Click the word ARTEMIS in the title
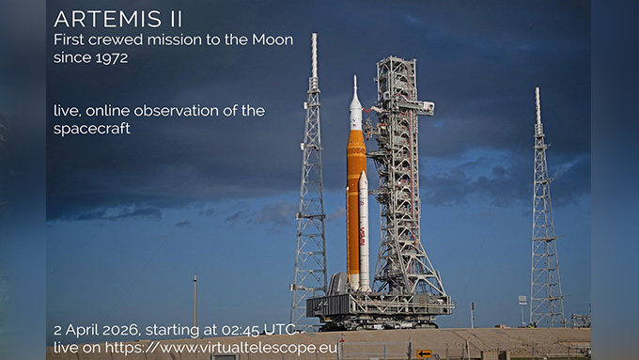(x=107, y=19)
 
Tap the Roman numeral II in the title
(x=175, y=19)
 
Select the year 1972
(x=112, y=57)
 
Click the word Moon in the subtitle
(x=273, y=40)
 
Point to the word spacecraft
(x=92, y=129)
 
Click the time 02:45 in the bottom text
(x=241, y=329)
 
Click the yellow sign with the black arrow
(x=424, y=353)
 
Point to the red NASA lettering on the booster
(x=363, y=237)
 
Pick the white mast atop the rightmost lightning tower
(x=538, y=106)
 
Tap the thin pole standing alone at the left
(x=195, y=302)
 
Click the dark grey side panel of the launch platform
(x=327, y=305)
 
